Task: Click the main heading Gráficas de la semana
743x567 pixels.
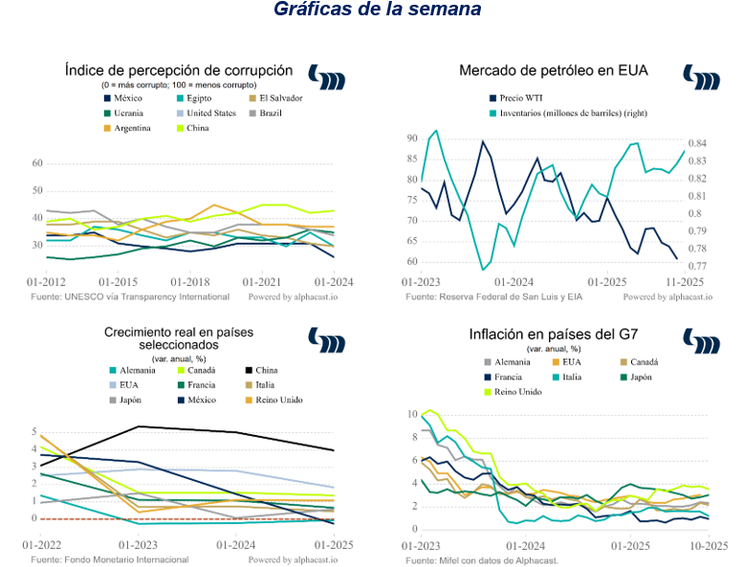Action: click(377, 11)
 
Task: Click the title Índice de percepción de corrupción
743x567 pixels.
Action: click(179, 70)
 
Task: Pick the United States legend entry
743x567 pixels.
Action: click(210, 113)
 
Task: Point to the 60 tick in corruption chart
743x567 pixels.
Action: click(38, 164)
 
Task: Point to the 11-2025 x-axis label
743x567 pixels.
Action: click(685, 282)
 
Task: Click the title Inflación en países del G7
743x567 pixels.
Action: click(554, 336)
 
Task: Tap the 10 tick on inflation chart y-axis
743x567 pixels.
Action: click(412, 415)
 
